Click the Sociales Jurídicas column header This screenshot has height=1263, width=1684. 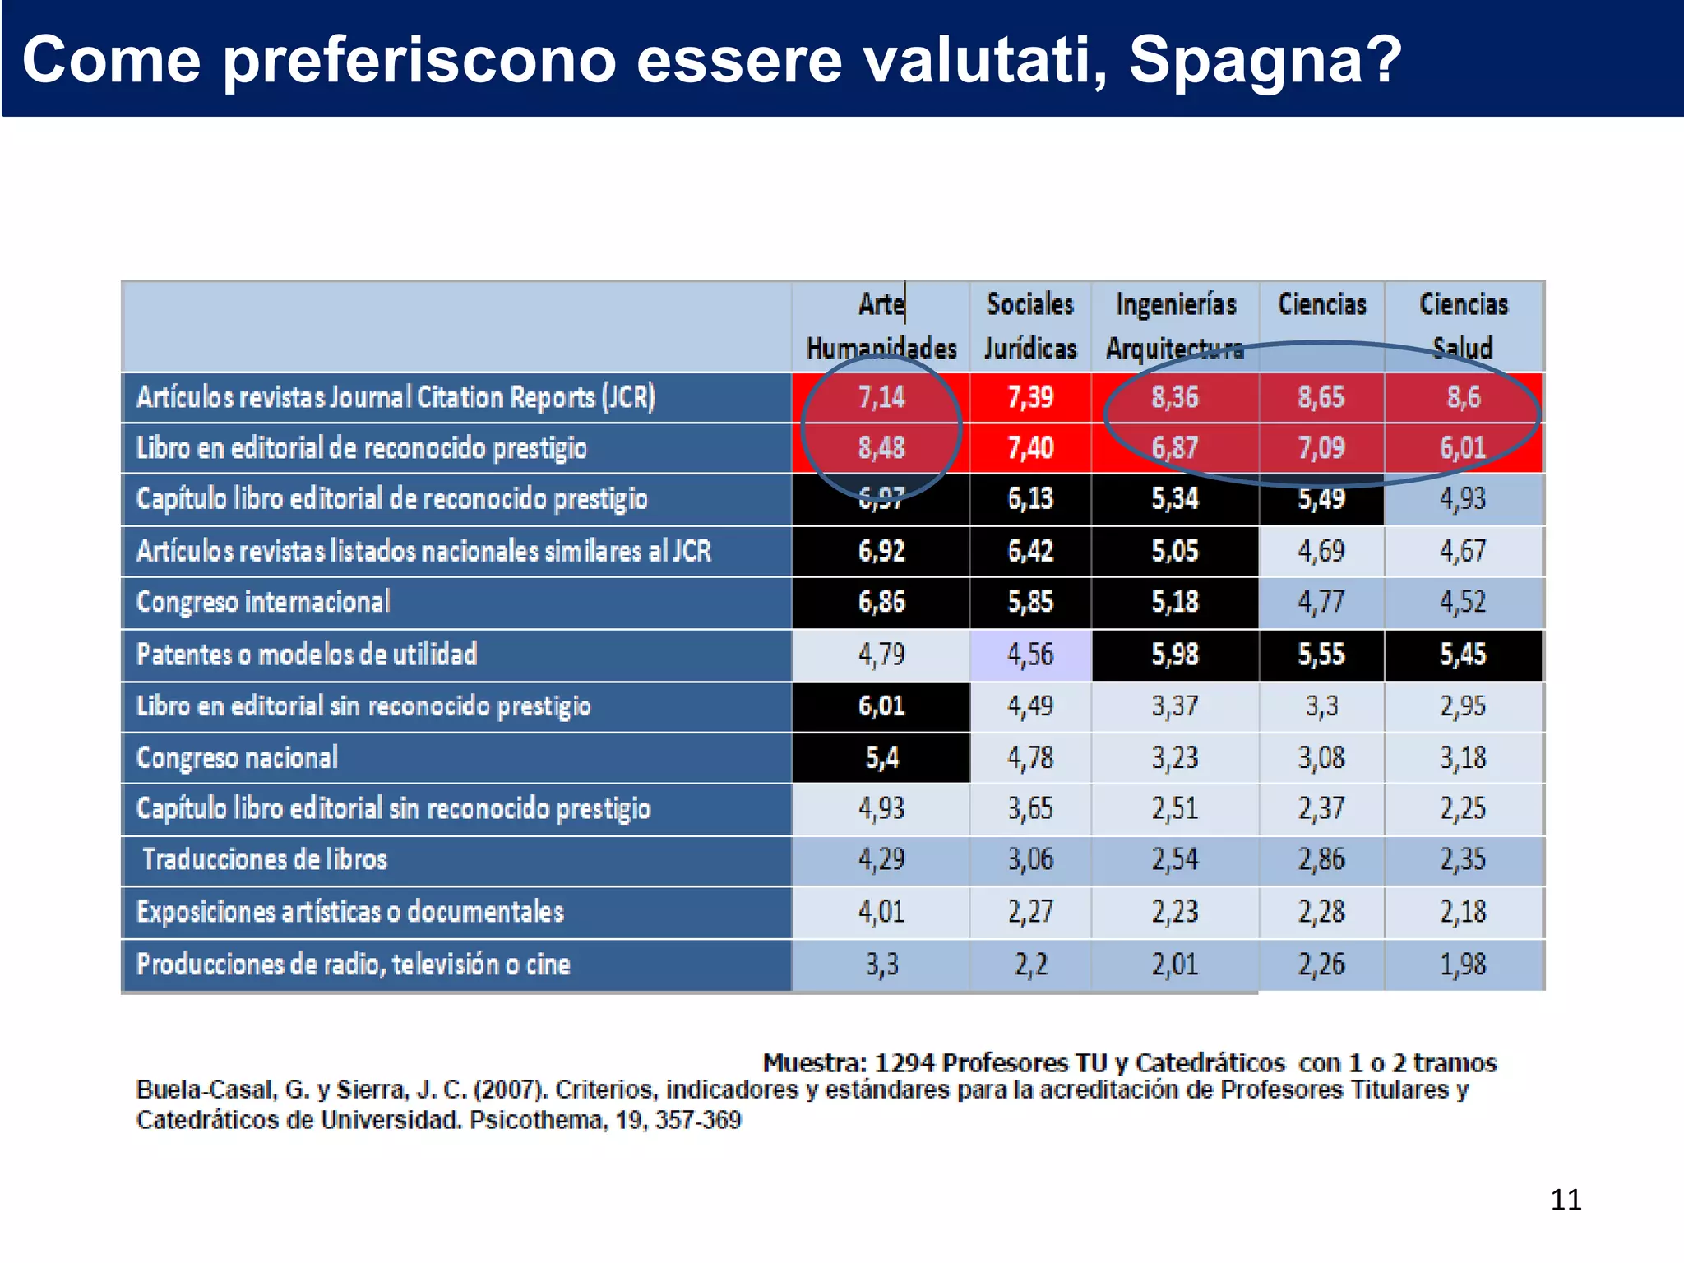pos(1030,326)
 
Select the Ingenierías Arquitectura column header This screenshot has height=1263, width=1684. pos(1175,326)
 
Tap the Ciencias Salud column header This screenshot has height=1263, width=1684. pos(1464,326)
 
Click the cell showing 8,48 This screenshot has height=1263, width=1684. pos(881,448)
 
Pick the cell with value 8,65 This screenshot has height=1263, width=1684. pos(1321,397)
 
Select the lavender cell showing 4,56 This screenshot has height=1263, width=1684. pos(1030,655)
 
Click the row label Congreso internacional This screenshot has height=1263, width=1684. pos(263,602)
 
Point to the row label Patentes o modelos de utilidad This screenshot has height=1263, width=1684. pos(307,655)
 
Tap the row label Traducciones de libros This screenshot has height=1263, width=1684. pos(265,859)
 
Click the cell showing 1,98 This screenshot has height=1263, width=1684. pos(1463,964)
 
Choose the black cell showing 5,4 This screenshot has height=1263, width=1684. pos(881,757)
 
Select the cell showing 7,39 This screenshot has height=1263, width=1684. pos(1030,397)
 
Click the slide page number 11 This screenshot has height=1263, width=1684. pos(1566,1200)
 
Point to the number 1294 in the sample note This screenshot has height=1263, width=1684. pos(904,1062)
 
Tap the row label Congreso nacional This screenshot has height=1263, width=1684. pos(237,757)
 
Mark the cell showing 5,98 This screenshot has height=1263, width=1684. pos(1175,655)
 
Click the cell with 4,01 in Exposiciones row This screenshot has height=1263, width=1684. pos(881,912)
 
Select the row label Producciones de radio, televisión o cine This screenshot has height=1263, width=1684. pos(354,964)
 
